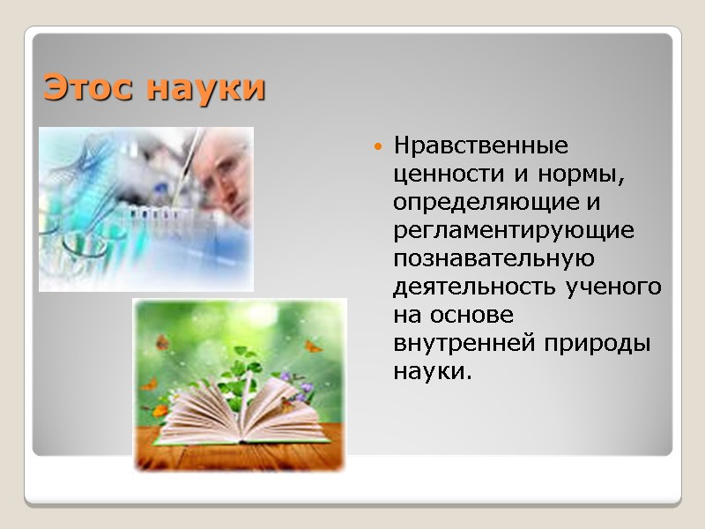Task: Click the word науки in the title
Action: pos(205,89)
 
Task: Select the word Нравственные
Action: pos(481,144)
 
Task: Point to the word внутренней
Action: pos(457,343)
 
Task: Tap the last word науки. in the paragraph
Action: pos(432,371)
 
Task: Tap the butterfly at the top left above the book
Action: pos(163,341)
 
